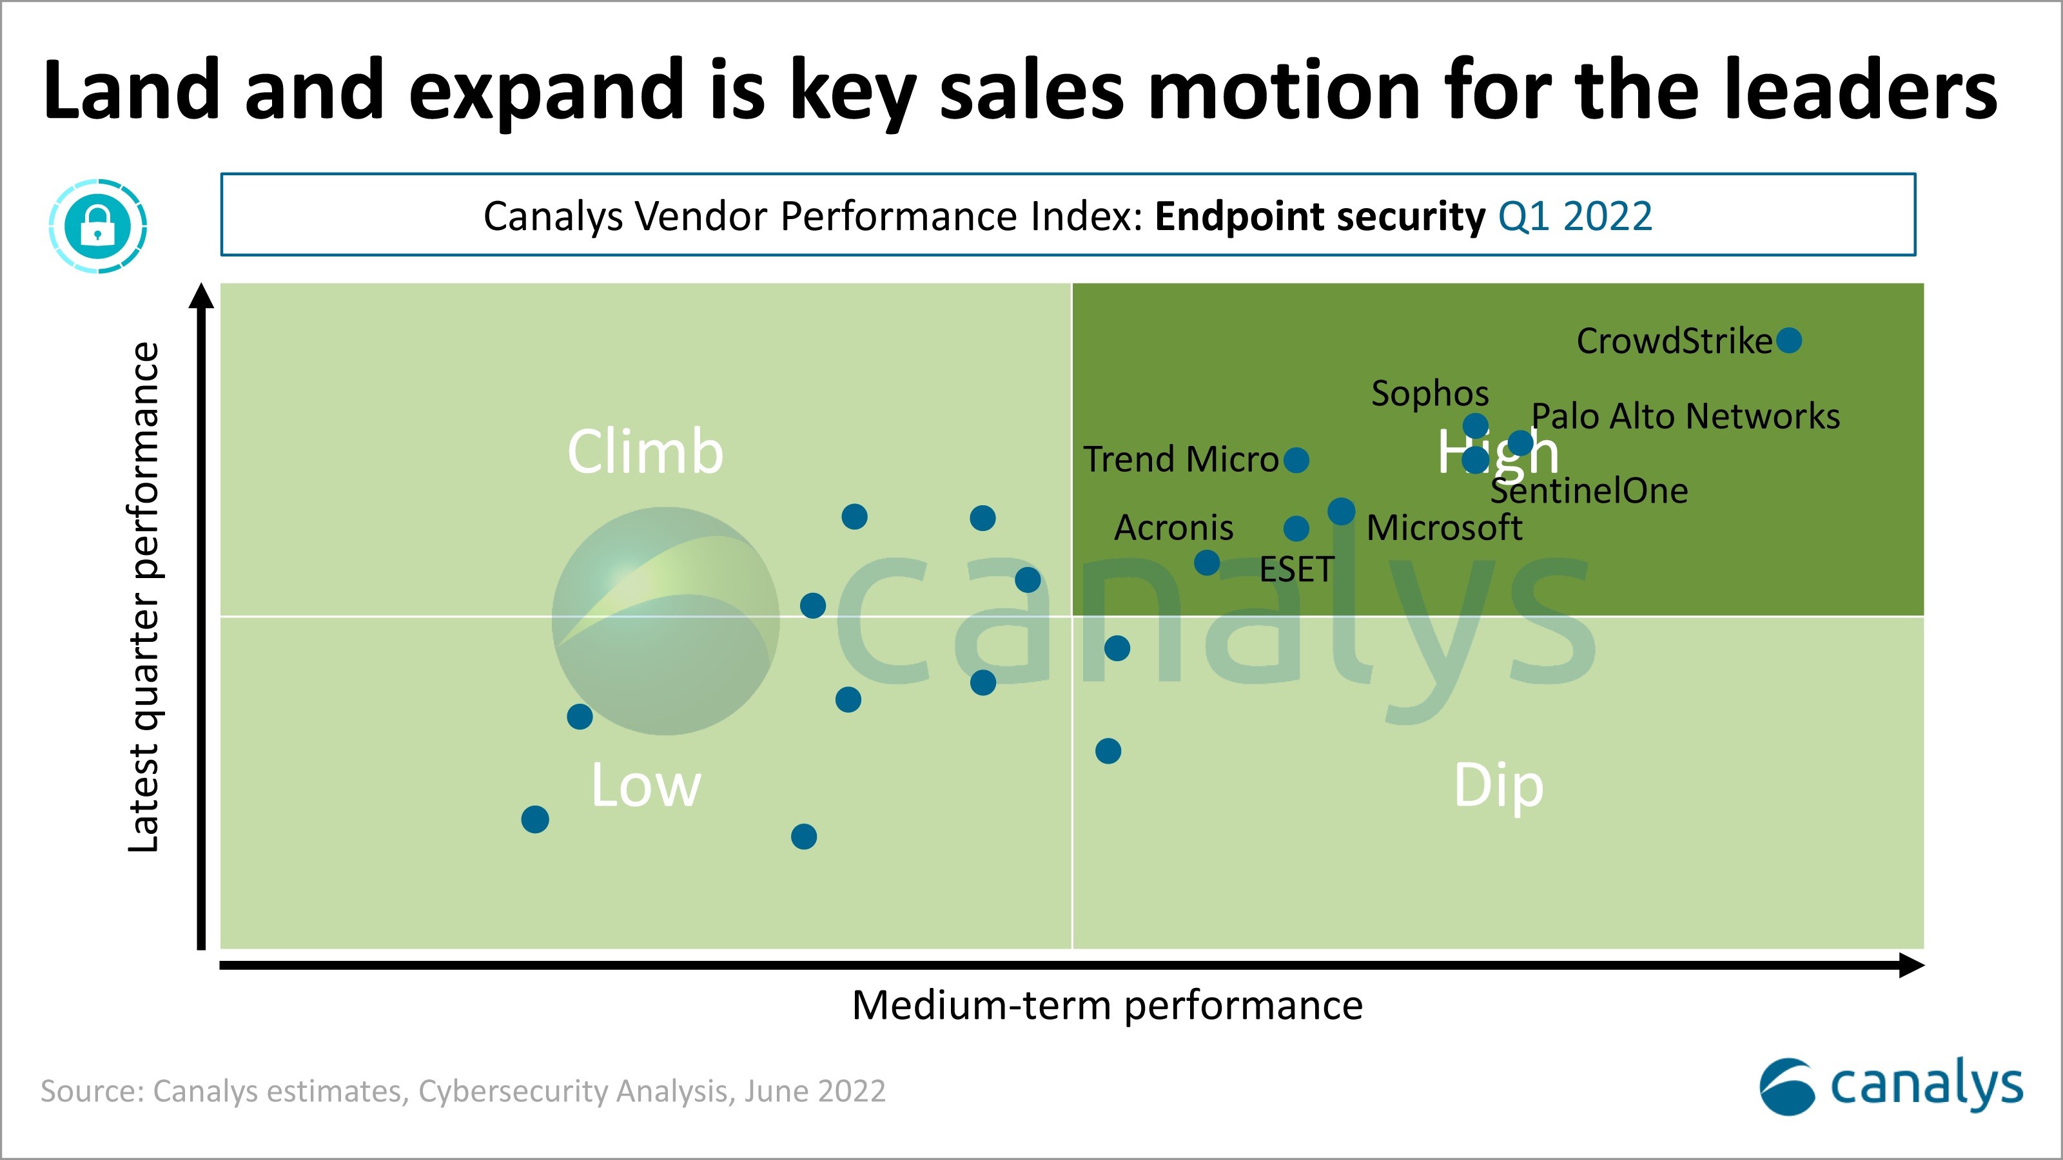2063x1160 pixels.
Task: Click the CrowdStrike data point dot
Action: click(x=1788, y=340)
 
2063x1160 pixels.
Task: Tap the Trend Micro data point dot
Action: click(x=1296, y=460)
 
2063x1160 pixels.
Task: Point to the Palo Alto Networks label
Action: click(x=1685, y=416)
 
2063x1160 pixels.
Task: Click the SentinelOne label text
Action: click(x=1589, y=490)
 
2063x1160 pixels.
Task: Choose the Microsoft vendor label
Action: click(x=1444, y=528)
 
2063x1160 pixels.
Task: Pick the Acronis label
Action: click(x=1173, y=528)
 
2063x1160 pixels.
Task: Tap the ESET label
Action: click(x=1296, y=570)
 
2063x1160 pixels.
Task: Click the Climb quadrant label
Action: click(x=645, y=452)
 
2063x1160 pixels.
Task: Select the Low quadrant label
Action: click(x=645, y=786)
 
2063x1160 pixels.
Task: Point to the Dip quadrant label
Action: click(x=1498, y=786)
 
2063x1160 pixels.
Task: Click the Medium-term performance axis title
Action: click(x=1107, y=1005)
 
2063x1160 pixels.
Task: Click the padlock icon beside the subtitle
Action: click(x=98, y=226)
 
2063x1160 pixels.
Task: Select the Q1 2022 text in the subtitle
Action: click(x=1574, y=216)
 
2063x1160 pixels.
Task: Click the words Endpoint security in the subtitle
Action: click(x=1320, y=216)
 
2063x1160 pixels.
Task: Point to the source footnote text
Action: click(x=463, y=1091)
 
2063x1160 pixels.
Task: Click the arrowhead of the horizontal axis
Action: click(x=1911, y=965)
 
